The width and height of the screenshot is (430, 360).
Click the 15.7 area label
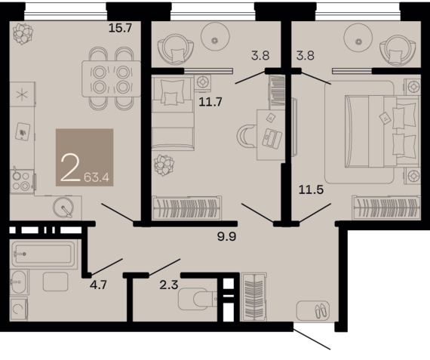pyautogui.click(x=121, y=28)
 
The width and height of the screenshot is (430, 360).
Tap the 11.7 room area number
pyautogui.click(x=210, y=102)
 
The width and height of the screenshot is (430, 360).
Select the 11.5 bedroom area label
pyautogui.click(x=311, y=189)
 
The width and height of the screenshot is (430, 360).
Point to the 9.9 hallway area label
pyautogui.click(x=227, y=236)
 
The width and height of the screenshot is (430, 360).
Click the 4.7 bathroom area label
pyautogui.click(x=98, y=285)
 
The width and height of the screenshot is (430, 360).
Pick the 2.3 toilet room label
pyautogui.click(x=169, y=285)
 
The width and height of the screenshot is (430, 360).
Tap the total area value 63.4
pyautogui.click(x=97, y=178)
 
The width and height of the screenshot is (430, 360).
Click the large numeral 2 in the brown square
pyautogui.click(x=70, y=168)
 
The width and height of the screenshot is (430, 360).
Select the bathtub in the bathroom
pyautogui.click(x=43, y=254)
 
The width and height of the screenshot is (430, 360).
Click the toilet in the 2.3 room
pyautogui.click(x=197, y=299)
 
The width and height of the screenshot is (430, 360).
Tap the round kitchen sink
pyautogui.click(x=63, y=207)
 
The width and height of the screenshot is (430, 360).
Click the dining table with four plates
pyautogui.click(x=111, y=78)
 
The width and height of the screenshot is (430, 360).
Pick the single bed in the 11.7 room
pyautogui.click(x=173, y=112)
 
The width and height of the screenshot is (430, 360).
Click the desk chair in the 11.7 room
pyautogui.click(x=247, y=137)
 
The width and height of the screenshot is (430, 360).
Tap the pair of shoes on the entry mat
pyautogui.click(x=321, y=311)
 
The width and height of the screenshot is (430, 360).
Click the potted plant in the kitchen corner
pyautogui.click(x=23, y=34)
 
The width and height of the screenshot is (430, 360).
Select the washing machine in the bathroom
pyautogui.click(x=19, y=309)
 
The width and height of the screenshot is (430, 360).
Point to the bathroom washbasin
pyautogui.click(x=19, y=282)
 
